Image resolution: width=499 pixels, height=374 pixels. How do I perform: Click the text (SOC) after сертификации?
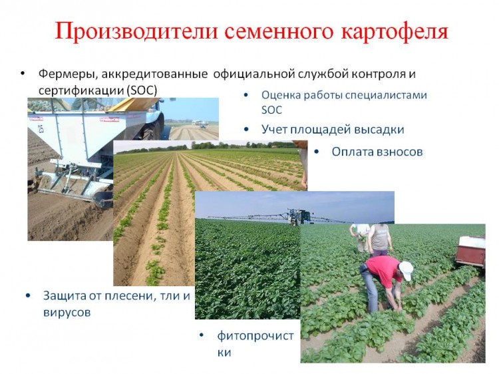pyautogui.click(x=142, y=91)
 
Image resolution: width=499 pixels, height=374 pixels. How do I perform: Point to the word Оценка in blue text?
pyautogui.click(x=280, y=95)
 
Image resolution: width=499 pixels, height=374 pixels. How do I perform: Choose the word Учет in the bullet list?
pyautogui.click(x=273, y=129)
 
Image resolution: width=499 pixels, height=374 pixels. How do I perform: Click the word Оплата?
pyautogui.click(x=352, y=152)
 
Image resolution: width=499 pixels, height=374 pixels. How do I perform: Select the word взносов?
pyautogui.click(x=400, y=152)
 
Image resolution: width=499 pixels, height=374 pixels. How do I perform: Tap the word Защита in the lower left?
pyautogui.click(x=64, y=296)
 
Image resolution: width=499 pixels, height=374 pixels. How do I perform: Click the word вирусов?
pyautogui.click(x=67, y=313)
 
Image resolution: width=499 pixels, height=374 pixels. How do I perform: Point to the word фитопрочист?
pyautogui.click(x=255, y=336)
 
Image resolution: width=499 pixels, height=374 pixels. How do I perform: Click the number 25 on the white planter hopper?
pyautogui.click(x=41, y=128)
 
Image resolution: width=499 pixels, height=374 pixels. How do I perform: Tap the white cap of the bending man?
pyautogui.click(x=406, y=270)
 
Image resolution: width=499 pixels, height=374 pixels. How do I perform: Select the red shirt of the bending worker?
pyautogui.click(x=383, y=271)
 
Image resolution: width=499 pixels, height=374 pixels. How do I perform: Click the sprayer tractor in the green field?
pyautogui.click(x=299, y=217)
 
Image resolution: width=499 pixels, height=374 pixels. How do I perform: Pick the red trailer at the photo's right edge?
pyautogui.click(x=471, y=251)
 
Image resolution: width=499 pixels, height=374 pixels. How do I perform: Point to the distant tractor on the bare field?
pyautogui.click(x=200, y=124)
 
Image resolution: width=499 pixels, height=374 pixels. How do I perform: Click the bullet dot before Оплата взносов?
pyautogui.click(x=316, y=152)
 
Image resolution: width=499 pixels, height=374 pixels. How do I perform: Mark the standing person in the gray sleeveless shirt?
pyautogui.click(x=380, y=240)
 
